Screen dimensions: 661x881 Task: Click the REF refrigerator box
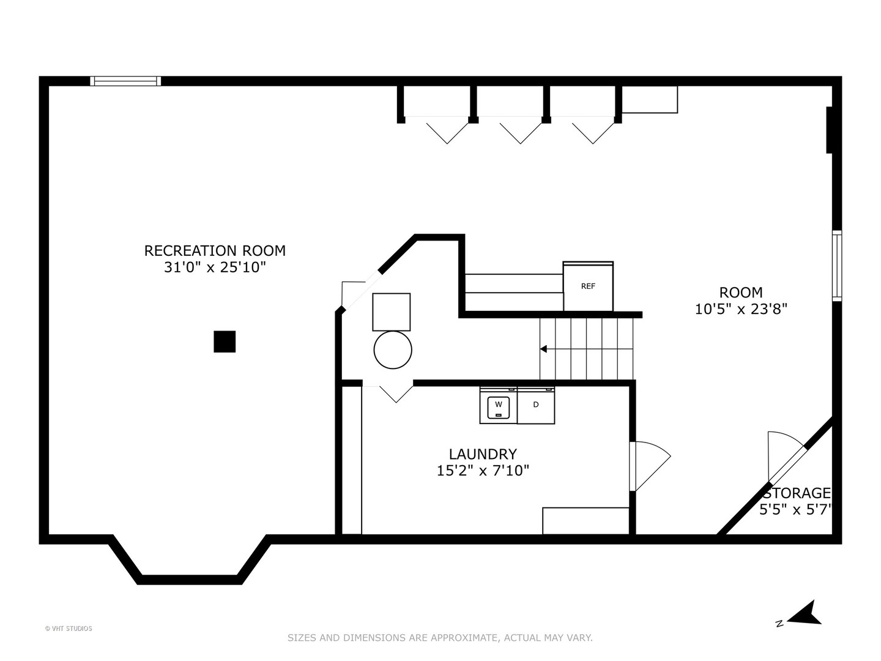588,286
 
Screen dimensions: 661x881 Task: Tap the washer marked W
498,406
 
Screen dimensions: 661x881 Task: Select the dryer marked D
536,405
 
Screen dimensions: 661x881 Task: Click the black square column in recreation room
225,342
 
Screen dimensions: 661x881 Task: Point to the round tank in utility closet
393,349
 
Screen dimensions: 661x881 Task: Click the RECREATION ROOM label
215,250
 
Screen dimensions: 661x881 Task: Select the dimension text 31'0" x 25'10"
215,267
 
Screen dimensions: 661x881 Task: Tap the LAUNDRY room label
483,454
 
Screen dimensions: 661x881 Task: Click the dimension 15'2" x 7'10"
483,471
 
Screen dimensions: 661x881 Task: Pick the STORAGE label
797,493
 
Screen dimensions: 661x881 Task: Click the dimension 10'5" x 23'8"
740,309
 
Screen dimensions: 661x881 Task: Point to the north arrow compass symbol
803,614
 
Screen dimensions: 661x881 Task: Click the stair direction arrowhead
543,349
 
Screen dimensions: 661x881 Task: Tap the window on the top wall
125,81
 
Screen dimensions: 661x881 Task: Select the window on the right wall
836,266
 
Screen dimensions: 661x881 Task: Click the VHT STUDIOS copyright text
69,628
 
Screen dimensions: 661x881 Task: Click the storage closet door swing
785,454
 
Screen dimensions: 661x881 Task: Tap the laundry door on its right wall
650,465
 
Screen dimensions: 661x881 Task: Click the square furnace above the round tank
392,312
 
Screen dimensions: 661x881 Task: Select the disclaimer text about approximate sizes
440,638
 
